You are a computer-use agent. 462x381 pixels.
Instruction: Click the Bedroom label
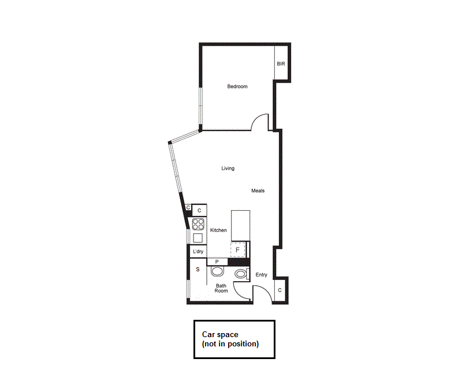[x=237, y=87]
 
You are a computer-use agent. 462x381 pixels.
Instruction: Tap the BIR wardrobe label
[x=281, y=63]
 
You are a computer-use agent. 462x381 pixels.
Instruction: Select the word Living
[x=228, y=169]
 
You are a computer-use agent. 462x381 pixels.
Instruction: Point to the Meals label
[x=258, y=190]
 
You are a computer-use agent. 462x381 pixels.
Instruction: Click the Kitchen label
[x=218, y=230]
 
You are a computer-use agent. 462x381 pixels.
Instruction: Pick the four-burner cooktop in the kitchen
[x=198, y=224]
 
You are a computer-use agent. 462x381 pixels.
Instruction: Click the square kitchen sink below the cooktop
[x=198, y=238]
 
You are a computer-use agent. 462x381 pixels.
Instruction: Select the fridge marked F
[x=238, y=250]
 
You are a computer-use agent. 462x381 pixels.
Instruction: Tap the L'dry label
[x=198, y=252]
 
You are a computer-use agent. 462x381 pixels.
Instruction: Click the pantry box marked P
[x=217, y=262]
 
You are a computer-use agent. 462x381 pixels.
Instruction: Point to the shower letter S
[x=198, y=270]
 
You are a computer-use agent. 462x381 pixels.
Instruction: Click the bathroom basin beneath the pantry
[x=217, y=272]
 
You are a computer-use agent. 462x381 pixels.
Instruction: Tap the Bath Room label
[x=221, y=288]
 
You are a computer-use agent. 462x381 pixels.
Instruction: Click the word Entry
[x=262, y=275]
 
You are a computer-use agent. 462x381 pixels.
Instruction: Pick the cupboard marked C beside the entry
[x=280, y=290]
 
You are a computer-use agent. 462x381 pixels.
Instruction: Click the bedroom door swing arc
[x=262, y=121]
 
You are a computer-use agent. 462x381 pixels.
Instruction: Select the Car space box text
[x=230, y=339]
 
